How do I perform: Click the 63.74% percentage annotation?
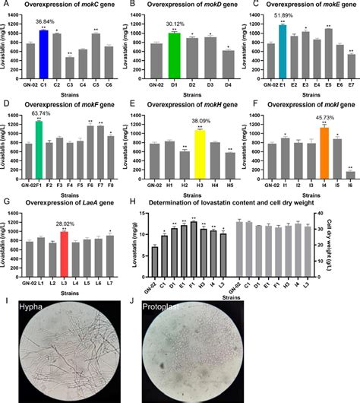(47, 113)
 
